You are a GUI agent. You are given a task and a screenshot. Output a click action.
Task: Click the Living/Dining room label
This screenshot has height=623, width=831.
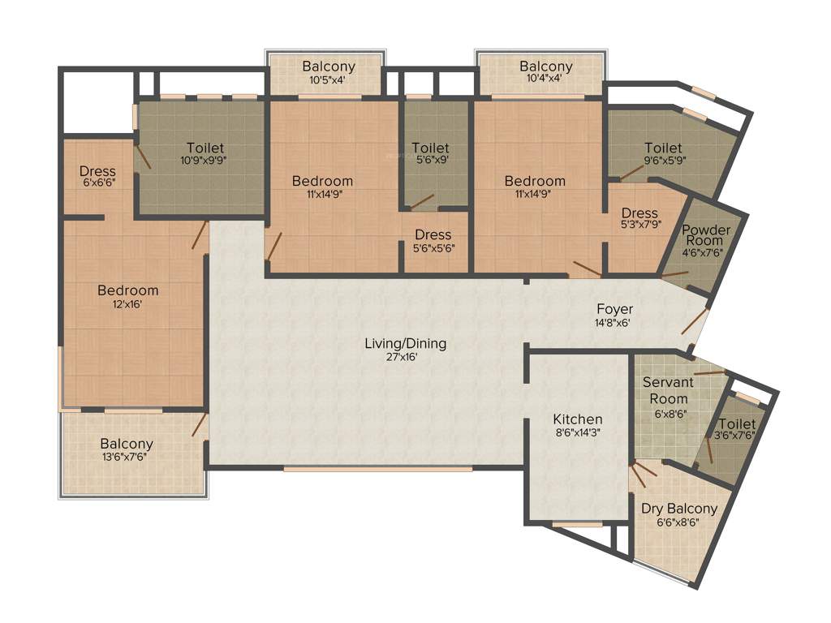coord(405,343)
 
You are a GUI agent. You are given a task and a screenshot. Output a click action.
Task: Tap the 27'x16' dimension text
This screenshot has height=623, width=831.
coord(405,357)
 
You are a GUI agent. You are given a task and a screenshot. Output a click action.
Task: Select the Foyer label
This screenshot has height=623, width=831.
coord(614,309)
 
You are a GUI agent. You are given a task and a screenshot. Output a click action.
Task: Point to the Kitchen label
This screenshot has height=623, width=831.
coord(578,419)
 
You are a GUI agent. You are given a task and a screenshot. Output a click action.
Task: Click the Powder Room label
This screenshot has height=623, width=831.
coord(705,235)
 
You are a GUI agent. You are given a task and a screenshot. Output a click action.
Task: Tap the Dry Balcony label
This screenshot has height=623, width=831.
coord(679,509)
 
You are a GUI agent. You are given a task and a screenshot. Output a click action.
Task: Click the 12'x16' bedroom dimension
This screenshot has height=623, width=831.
coord(128,304)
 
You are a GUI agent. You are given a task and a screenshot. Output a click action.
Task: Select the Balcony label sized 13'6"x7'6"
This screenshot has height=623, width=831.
coord(127,444)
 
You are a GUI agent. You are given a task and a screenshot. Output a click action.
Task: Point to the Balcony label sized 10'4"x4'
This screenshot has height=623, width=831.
coord(546,67)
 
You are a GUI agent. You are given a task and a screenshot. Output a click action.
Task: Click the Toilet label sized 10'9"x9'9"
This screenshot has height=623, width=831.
coord(205,148)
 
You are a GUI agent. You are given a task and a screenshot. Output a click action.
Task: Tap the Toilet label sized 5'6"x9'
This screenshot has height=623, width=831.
coord(430,148)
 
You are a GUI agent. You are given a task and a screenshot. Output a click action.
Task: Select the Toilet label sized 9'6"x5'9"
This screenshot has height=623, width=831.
coord(663,148)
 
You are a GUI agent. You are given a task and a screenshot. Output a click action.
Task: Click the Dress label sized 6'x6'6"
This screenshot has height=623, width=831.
coord(97,171)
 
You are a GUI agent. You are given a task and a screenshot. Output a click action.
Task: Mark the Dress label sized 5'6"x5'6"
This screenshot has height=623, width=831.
coord(433,234)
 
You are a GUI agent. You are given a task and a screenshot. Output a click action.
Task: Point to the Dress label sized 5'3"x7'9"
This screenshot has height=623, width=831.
coord(639,213)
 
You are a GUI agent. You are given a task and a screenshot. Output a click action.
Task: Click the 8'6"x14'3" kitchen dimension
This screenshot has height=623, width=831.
coord(578,432)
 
